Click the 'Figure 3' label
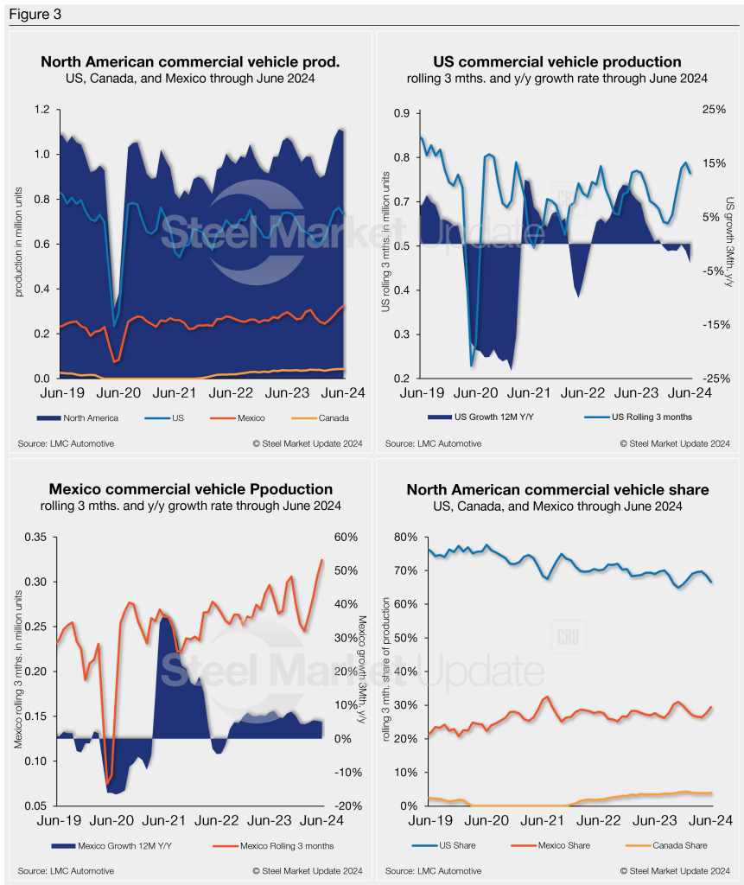click(x=32, y=15)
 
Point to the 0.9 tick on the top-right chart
click(x=402, y=113)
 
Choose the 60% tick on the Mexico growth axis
click(x=346, y=538)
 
